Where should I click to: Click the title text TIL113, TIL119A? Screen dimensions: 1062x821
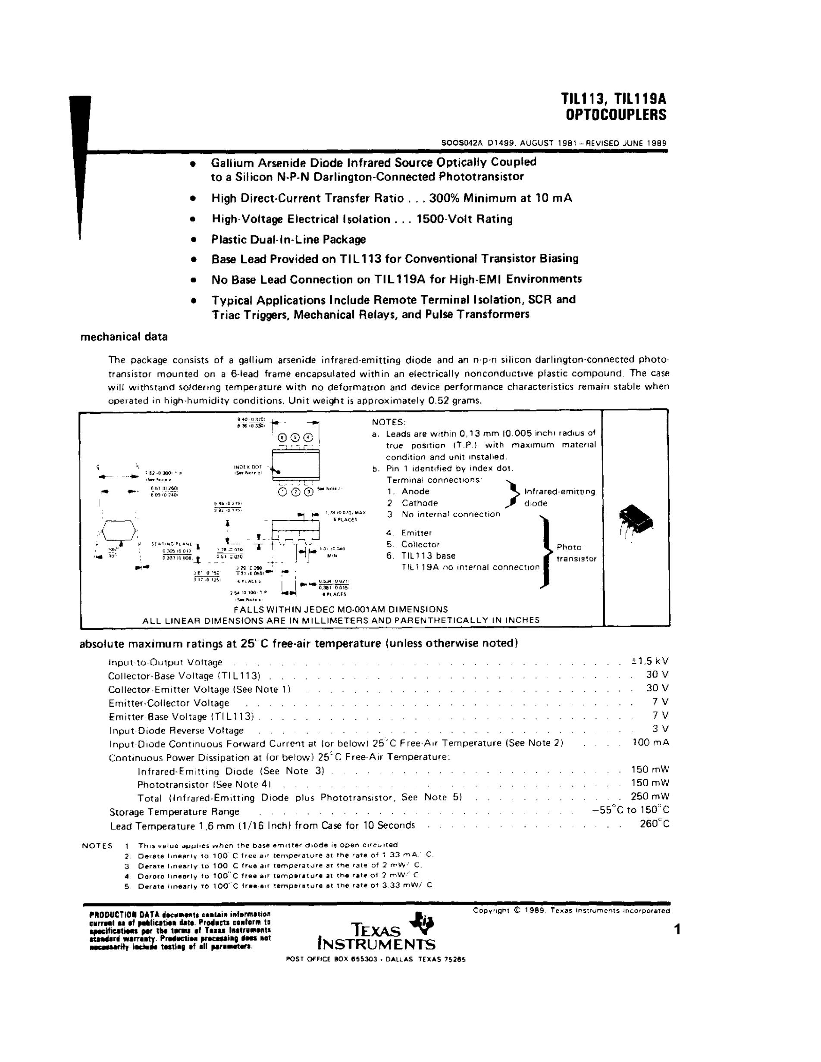coord(614,100)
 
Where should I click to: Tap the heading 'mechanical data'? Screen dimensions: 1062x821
coord(124,337)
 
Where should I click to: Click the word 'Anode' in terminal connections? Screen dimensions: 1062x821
coord(415,492)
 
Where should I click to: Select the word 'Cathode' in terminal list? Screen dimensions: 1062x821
coord(419,503)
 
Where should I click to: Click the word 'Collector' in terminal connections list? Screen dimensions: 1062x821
coord(420,545)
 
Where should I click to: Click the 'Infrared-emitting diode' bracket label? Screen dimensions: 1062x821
coord(559,497)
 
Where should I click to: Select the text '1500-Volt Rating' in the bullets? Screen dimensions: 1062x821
coord(464,219)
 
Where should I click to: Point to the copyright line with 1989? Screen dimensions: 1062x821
coord(571,910)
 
